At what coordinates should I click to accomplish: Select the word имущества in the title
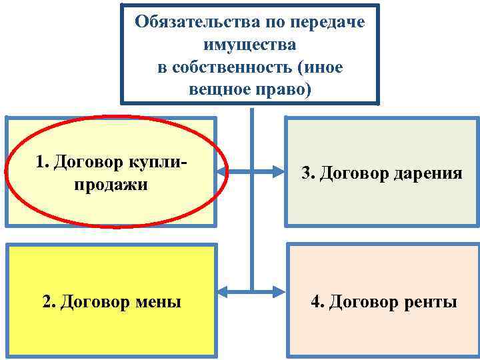pyautogui.click(x=250, y=45)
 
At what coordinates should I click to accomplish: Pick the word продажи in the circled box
pyautogui.click(x=111, y=184)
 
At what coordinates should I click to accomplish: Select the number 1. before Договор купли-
pyautogui.click(x=43, y=161)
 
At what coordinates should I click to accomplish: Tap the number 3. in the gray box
pyautogui.click(x=308, y=173)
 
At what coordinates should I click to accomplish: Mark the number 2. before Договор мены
pyautogui.click(x=49, y=302)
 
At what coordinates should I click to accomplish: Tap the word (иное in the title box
pyautogui.click(x=322, y=67)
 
